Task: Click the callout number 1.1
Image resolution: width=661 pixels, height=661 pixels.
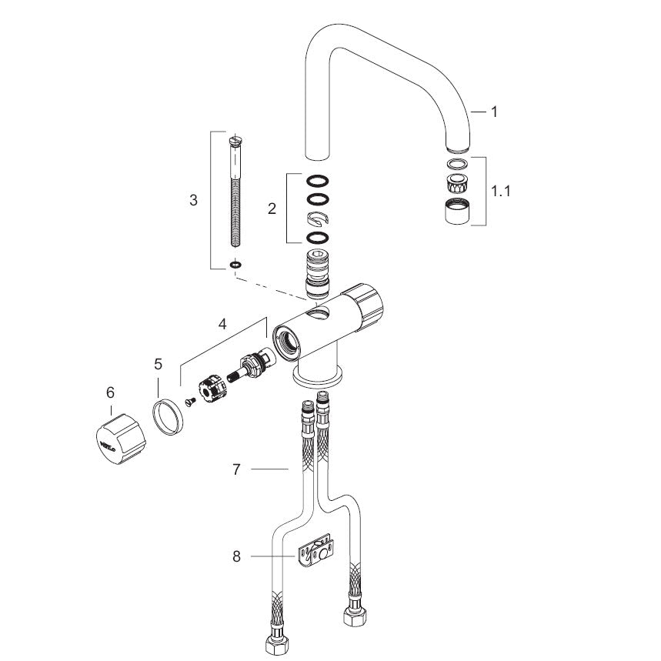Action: coord(500,191)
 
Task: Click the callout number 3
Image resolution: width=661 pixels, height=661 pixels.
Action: coord(193,200)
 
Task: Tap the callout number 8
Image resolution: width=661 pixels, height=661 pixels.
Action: coord(236,556)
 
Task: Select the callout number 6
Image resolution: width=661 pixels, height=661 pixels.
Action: coord(110,393)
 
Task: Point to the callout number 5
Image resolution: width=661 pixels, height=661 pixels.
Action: coord(158,364)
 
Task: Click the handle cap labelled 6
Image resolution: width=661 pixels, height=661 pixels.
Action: coord(119,439)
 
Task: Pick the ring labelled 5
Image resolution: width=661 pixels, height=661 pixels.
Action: coord(168,416)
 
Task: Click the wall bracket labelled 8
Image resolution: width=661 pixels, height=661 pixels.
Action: coord(316,550)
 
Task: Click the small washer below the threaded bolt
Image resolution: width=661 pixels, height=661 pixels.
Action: coord(235,265)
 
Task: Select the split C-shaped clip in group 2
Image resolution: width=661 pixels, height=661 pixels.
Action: coord(318,218)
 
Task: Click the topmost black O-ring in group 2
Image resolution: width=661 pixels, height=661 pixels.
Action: coord(318,181)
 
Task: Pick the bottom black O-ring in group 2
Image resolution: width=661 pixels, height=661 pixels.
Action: coord(318,238)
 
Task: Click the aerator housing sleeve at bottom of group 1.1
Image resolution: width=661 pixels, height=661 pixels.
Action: coord(457,211)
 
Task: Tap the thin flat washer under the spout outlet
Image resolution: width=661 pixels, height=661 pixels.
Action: coord(457,164)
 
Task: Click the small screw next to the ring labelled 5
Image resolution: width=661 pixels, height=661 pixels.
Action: coord(191,402)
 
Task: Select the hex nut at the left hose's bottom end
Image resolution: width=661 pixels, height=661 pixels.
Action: coord(275,646)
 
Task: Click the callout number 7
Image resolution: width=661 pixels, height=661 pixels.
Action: coord(236,469)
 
